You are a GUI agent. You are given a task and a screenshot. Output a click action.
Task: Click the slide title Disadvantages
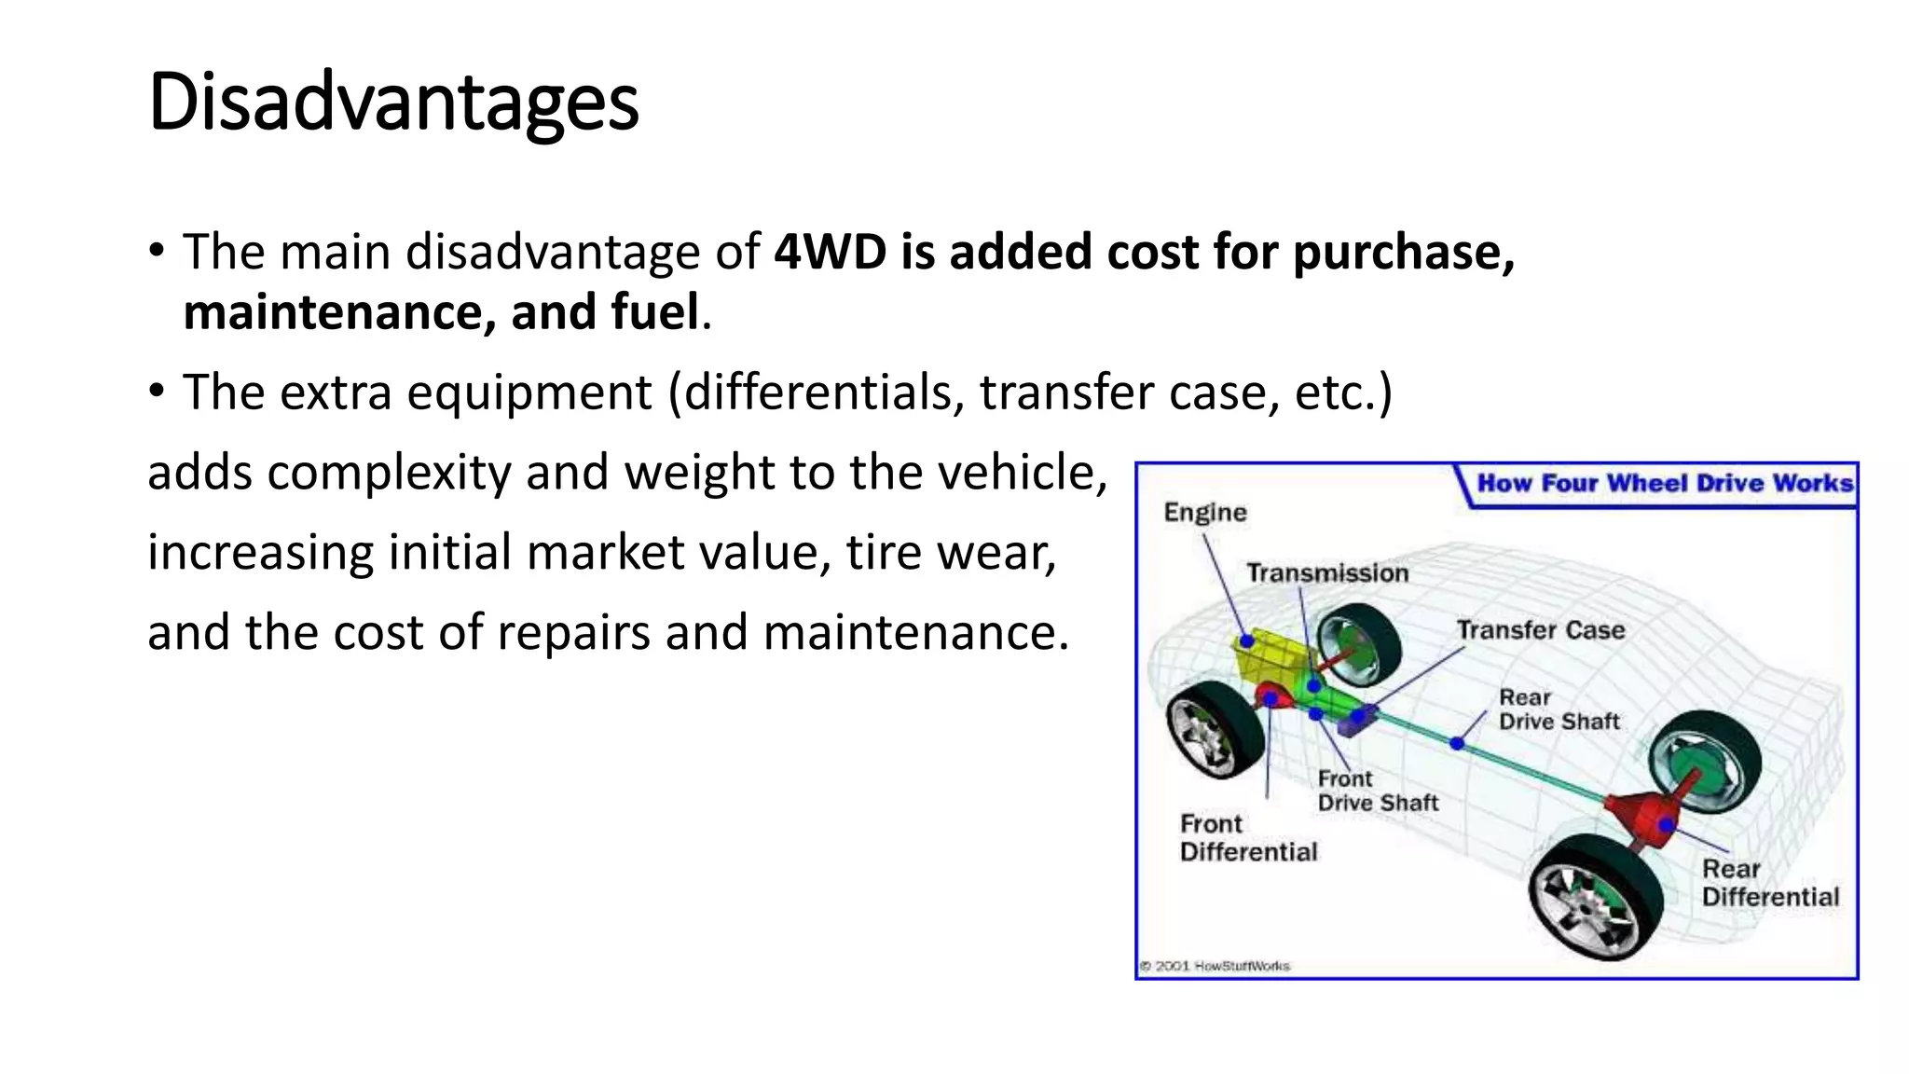click(x=392, y=103)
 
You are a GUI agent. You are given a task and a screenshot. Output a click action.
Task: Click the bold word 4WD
click(x=830, y=252)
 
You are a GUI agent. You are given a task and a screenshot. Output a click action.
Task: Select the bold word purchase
click(x=1403, y=254)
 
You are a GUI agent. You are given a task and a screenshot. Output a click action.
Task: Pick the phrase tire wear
click(x=951, y=552)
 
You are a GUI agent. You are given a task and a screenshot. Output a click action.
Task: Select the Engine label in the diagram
click(x=1204, y=512)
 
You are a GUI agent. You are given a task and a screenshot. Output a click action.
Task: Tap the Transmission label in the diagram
click(x=1327, y=572)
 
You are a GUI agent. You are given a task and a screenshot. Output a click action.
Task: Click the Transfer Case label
click(x=1540, y=630)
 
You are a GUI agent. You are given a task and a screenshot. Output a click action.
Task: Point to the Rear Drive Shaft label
click(x=1559, y=709)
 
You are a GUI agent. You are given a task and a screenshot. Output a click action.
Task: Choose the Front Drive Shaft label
click(x=1377, y=791)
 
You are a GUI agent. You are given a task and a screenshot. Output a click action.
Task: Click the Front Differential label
click(x=1248, y=837)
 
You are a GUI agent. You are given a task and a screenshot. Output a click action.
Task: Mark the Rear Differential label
click(x=1769, y=882)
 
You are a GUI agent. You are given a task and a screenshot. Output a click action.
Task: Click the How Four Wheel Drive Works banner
click(x=1664, y=483)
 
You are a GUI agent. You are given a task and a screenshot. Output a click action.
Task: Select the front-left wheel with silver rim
click(x=1212, y=730)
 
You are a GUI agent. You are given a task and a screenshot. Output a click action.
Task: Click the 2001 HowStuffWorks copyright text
click(x=1215, y=966)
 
